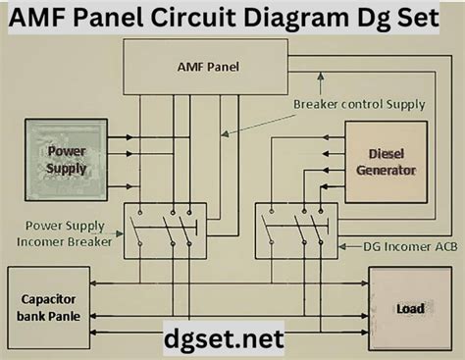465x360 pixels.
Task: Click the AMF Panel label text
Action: click(208, 67)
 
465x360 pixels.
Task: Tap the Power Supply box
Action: click(66, 160)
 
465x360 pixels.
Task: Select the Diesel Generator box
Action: click(387, 162)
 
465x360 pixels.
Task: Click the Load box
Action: click(410, 309)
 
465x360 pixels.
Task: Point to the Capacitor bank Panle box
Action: click(49, 308)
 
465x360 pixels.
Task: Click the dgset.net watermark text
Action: click(224, 338)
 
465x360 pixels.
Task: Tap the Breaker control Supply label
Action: click(359, 104)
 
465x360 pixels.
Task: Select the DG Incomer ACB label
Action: click(410, 246)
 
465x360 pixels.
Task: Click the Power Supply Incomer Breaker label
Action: click(65, 233)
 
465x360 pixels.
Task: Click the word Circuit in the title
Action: click(193, 18)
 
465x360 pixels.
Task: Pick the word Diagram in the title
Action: click(296, 19)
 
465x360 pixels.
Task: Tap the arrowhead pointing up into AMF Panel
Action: click(321, 77)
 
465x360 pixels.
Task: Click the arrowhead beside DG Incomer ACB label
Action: click(342, 246)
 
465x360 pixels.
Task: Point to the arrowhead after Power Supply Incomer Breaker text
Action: click(120, 233)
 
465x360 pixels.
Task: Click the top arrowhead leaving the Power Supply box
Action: click(129, 137)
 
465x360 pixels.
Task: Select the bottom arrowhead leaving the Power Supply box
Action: click(129, 186)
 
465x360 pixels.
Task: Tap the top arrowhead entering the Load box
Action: click(365, 283)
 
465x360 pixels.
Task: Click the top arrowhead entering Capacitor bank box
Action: click(93, 283)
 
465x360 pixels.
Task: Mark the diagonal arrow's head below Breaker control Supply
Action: click(225, 134)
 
